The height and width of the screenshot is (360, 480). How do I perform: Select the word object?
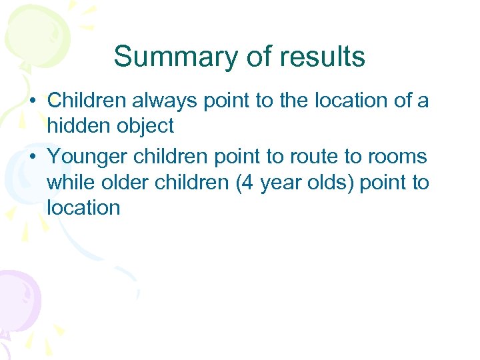[144, 125]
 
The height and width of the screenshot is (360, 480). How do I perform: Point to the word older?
[125, 181]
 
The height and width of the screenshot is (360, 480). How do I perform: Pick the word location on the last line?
[83, 207]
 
